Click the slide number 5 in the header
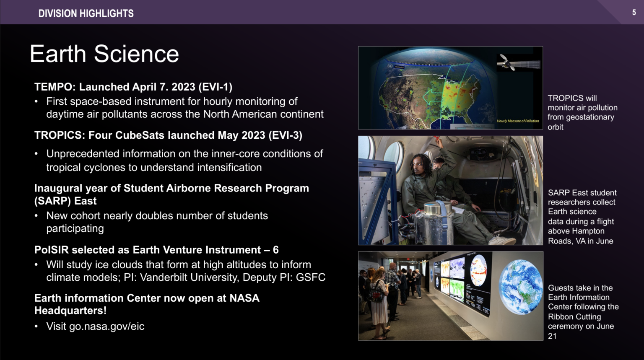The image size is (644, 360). click(x=634, y=12)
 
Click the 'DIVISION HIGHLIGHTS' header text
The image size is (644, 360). click(x=86, y=13)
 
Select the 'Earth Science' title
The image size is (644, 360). click(x=104, y=54)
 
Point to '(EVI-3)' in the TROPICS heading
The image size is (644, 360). click(x=285, y=135)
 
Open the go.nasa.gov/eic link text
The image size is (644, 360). click(x=106, y=326)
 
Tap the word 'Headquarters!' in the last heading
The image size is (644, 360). click(x=70, y=311)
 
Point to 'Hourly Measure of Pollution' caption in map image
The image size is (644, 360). click(x=518, y=121)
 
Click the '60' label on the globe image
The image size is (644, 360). click(x=390, y=66)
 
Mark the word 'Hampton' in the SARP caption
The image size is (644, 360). click(x=588, y=231)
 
